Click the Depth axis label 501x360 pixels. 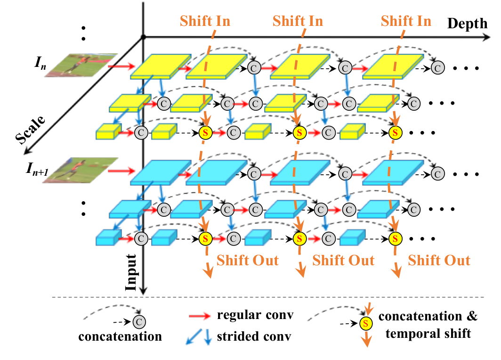[x=467, y=24]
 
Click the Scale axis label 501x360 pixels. [x=30, y=130]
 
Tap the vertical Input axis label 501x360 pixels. [x=131, y=273]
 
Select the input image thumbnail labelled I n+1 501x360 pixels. [x=81, y=170]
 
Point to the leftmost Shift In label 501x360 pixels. [x=205, y=21]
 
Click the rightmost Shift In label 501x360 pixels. [x=406, y=21]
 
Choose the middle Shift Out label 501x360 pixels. [x=343, y=260]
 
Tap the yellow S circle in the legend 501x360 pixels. [x=366, y=324]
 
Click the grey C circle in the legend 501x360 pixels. [x=139, y=322]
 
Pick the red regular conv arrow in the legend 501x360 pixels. [x=200, y=316]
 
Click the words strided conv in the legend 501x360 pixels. [x=254, y=336]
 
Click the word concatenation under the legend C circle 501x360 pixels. [x=120, y=336]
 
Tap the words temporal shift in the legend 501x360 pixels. [x=428, y=334]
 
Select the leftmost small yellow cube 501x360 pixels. [x=109, y=131]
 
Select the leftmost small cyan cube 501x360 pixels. [x=109, y=237]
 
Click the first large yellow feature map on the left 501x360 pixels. [x=161, y=66]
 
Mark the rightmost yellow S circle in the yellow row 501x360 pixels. [x=395, y=133]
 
